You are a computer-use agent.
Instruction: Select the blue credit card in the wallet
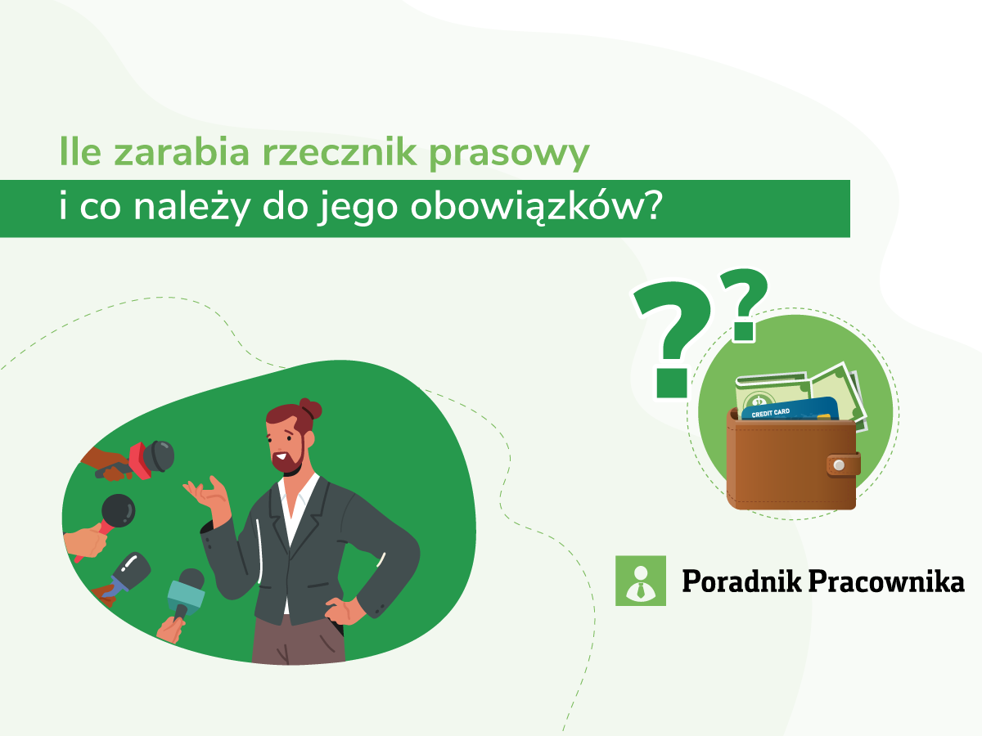[790, 409]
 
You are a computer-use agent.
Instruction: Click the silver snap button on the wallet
[838, 465]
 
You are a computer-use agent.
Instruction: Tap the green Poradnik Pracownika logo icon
[640, 581]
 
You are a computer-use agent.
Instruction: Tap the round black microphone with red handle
[115, 513]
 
